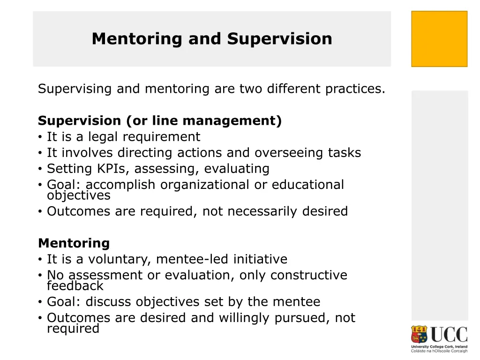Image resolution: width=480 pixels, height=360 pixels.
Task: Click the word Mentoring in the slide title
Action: coord(136,39)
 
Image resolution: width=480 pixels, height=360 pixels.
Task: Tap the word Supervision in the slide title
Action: coord(280,39)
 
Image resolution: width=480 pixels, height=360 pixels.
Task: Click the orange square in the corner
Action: coord(439,39)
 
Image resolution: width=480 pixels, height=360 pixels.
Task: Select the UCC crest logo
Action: coord(420,335)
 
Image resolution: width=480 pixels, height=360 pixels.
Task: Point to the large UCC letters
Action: coord(449,335)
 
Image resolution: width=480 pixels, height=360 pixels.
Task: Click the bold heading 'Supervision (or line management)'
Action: coord(160,121)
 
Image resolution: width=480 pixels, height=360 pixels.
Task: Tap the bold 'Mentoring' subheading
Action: coord(74,244)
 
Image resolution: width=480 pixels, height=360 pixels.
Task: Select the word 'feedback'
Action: coord(75,286)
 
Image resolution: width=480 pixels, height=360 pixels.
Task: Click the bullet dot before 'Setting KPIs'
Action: coord(41,169)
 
